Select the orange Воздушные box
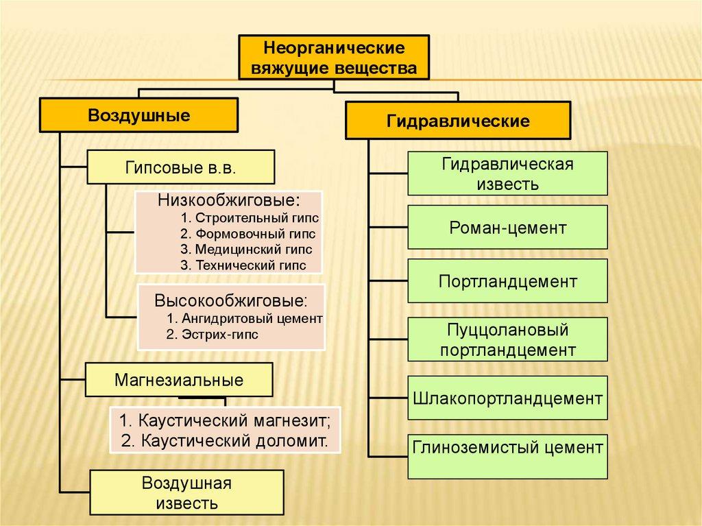coord(138,115)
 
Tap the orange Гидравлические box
coord(458,121)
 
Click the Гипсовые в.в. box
coord(180,167)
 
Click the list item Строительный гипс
coord(250,218)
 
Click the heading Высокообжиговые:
coord(230,301)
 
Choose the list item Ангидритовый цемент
coord(244,319)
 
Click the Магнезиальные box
coord(179,379)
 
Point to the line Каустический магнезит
coord(225,420)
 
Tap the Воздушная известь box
coord(186,492)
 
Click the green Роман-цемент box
coord(507,227)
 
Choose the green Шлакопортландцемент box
coord(507,398)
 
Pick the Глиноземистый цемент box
coord(507,455)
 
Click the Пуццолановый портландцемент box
coord(507,339)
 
